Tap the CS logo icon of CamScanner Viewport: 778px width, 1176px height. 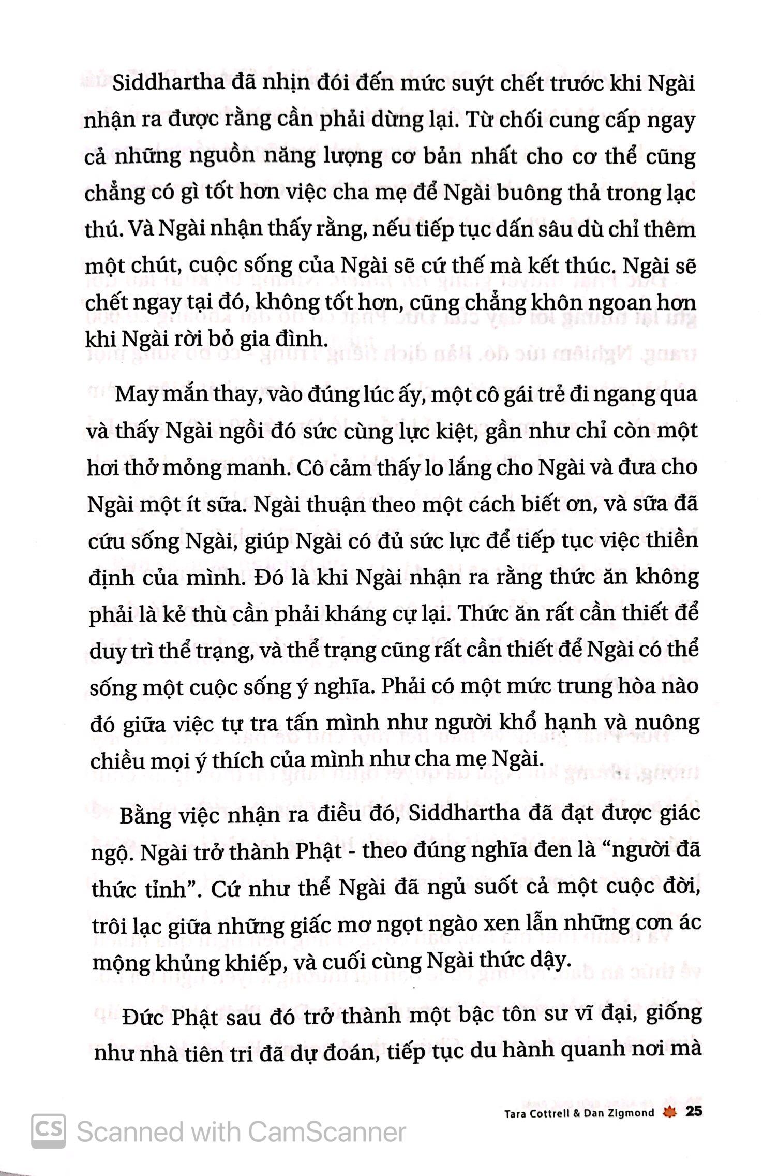pos(48,1131)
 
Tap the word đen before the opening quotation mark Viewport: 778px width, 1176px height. pos(523,852)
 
